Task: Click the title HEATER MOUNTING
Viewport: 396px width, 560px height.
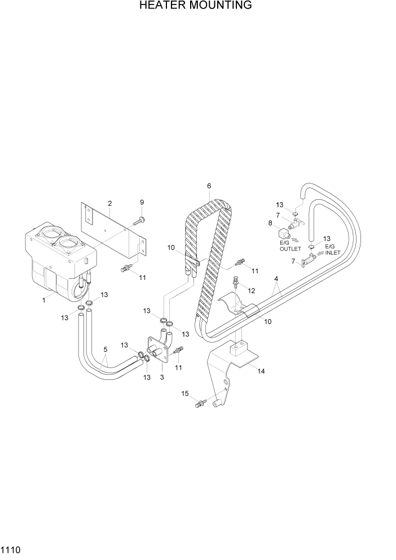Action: (x=195, y=6)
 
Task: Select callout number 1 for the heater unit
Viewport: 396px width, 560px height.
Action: (x=43, y=300)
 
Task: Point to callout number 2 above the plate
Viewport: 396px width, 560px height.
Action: (x=109, y=203)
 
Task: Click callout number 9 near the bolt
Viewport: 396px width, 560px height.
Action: (x=142, y=202)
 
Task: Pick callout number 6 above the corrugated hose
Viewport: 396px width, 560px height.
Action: (x=209, y=186)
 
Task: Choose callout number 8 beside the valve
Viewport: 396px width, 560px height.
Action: (x=271, y=223)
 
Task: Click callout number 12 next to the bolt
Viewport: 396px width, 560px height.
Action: (x=252, y=290)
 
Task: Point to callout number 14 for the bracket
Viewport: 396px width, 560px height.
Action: (x=261, y=371)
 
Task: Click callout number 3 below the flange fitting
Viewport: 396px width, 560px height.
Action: (x=162, y=377)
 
